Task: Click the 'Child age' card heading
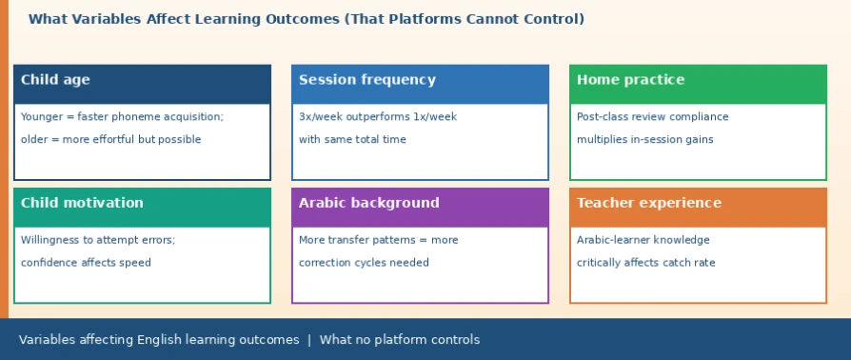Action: point(55,80)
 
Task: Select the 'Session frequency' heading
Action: point(366,80)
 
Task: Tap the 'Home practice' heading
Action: point(631,80)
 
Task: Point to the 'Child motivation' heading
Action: point(82,203)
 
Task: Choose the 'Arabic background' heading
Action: point(369,203)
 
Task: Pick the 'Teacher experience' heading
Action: point(649,203)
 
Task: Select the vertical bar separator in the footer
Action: point(309,340)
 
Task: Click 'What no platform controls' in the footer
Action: point(400,340)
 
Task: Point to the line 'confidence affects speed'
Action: point(86,263)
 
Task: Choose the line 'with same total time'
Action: point(352,140)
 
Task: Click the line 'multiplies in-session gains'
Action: point(644,140)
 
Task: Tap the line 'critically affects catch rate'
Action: point(645,263)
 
